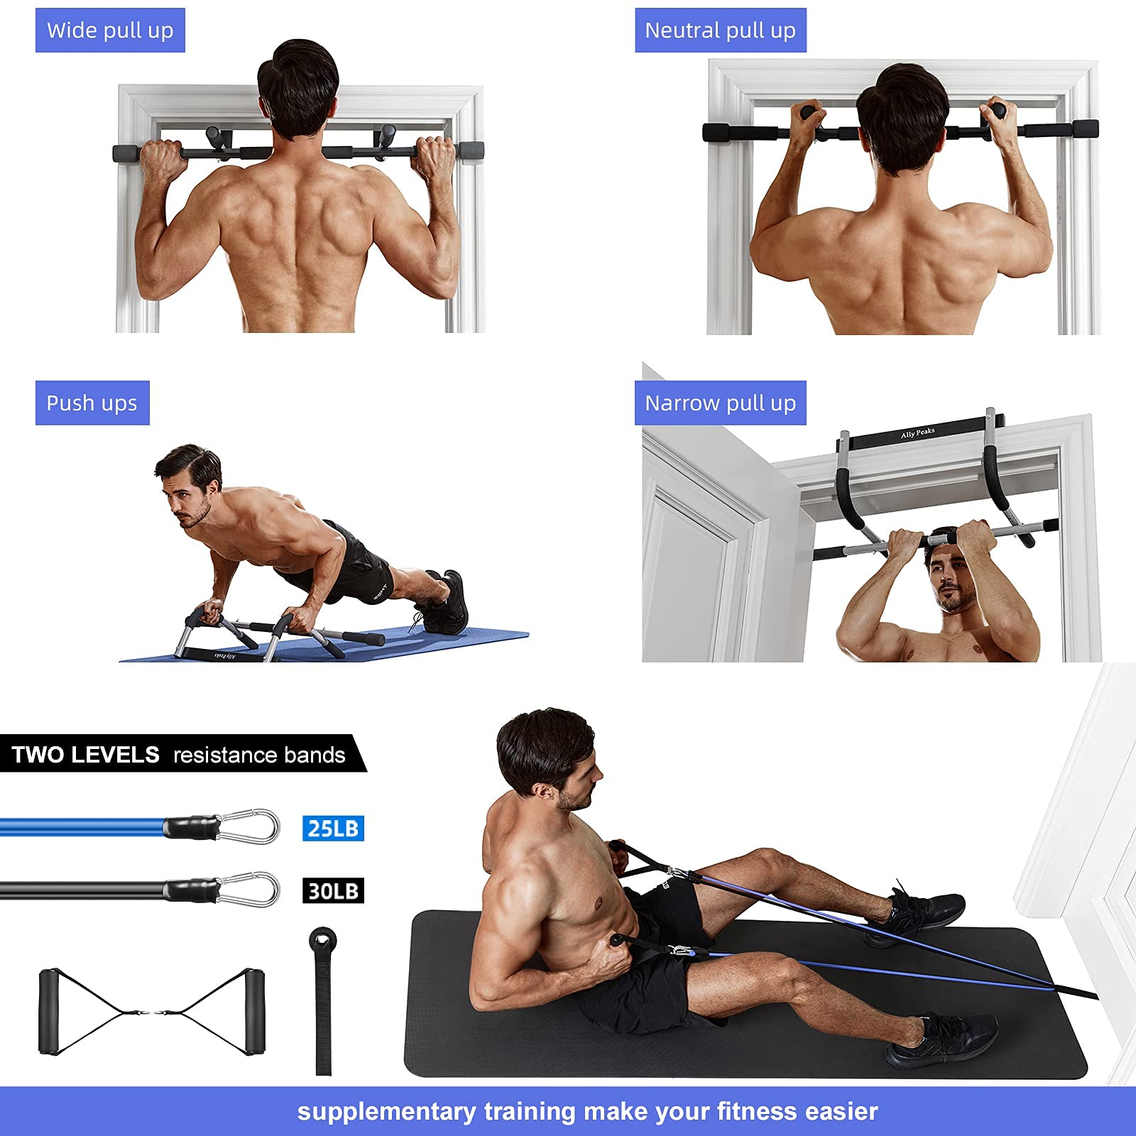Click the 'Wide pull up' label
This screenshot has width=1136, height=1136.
110,31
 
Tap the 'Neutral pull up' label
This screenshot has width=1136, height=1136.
720,31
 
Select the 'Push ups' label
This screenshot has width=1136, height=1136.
92,403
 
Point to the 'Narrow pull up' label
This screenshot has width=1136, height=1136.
720,403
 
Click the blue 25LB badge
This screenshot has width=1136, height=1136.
333,828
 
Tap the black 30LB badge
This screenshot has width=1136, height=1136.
333,890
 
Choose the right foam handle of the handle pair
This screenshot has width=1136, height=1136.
253,1012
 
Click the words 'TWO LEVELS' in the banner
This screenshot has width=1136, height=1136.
86,754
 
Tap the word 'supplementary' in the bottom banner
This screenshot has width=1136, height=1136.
386,1111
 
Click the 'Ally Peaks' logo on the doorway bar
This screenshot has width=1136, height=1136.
917,432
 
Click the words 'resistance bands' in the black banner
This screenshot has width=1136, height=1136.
259,755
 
